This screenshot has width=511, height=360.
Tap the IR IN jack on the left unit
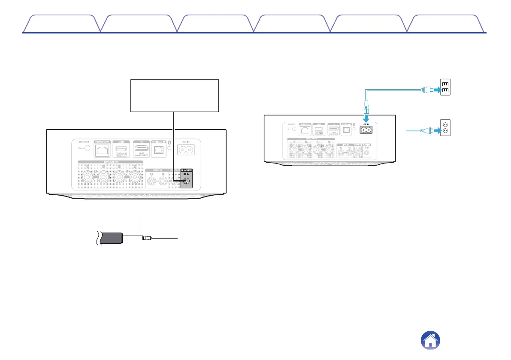pyautogui.click(x=186, y=181)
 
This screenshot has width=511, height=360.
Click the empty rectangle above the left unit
pyautogui.click(x=174, y=95)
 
